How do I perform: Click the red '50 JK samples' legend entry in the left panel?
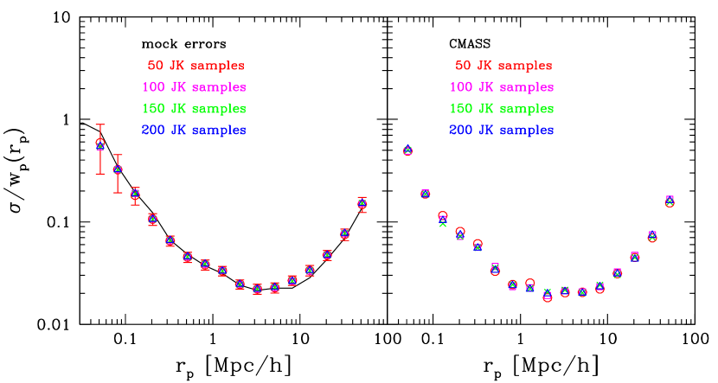196,66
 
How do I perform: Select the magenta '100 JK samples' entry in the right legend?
502,87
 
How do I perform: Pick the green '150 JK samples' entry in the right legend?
502,109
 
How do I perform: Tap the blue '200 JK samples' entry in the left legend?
194,131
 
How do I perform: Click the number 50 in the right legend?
463,66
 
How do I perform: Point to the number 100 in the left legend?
152,87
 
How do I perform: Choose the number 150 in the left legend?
152,109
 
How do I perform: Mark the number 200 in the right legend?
460,131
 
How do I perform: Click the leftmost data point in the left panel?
100,144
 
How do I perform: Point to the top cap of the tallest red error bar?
100,125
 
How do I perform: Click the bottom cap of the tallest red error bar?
100,173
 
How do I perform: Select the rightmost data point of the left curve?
362,204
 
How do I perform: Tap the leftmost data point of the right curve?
407,150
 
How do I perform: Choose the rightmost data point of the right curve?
670,201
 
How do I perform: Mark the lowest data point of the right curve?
547,296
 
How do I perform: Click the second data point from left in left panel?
118,169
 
